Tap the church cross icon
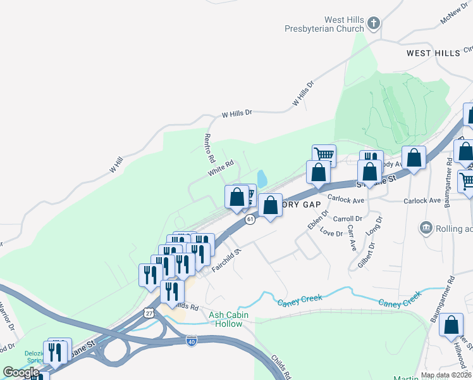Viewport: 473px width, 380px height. point(374,24)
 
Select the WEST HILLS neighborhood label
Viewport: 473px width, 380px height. point(433,53)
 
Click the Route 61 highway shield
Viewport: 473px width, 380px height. point(250,219)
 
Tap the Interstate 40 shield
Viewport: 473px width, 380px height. point(192,341)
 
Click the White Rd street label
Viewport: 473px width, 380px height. point(221,168)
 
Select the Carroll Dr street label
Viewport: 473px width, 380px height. point(347,218)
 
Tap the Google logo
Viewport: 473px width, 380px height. point(21,372)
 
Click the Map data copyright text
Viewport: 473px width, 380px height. point(446,375)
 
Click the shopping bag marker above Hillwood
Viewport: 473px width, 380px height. point(451,325)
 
